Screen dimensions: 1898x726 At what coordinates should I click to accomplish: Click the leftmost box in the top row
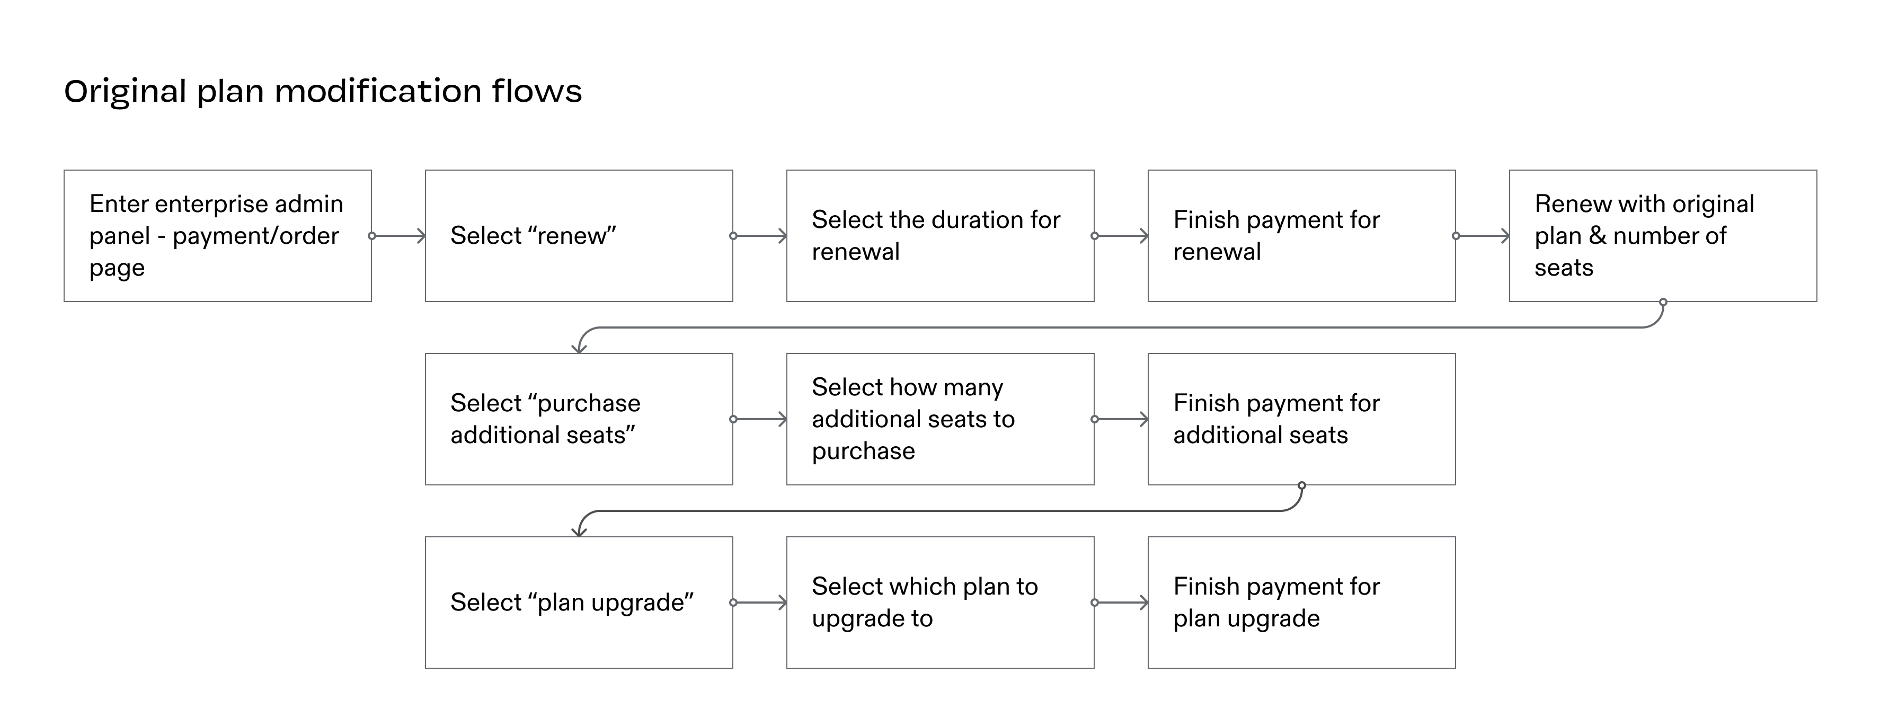pos(217,236)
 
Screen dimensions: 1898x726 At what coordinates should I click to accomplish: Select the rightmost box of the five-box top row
pos(1663,236)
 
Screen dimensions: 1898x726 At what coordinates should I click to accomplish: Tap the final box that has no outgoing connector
pos(1301,602)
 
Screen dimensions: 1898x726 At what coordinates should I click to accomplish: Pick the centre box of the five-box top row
pos(940,236)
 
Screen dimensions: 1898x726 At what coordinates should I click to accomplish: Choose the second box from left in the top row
pos(579,236)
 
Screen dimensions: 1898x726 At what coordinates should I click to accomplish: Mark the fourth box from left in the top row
pos(1301,236)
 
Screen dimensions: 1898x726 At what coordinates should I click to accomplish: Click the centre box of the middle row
pos(940,419)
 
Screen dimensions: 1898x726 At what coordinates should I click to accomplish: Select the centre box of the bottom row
pos(940,602)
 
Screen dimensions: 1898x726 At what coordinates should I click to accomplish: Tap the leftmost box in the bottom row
pos(579,602)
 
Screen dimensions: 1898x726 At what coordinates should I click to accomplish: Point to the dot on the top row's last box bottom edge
pos(1663,302)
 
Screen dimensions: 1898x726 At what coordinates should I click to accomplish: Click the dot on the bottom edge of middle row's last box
pos(1302,486)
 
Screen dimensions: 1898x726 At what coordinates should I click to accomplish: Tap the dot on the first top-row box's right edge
pos(372,236)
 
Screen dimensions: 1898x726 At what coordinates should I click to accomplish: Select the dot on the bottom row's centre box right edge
pos(1095,603)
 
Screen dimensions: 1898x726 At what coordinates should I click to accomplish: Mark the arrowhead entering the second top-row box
pos(421,236)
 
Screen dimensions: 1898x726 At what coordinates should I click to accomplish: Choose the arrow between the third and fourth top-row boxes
pos(1121,236)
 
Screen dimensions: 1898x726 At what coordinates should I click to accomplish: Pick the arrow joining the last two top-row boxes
pos(1483,236)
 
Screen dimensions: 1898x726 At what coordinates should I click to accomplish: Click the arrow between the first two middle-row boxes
pos(760,419)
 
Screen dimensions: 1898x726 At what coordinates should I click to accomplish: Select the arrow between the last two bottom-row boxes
pos(1121,603)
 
